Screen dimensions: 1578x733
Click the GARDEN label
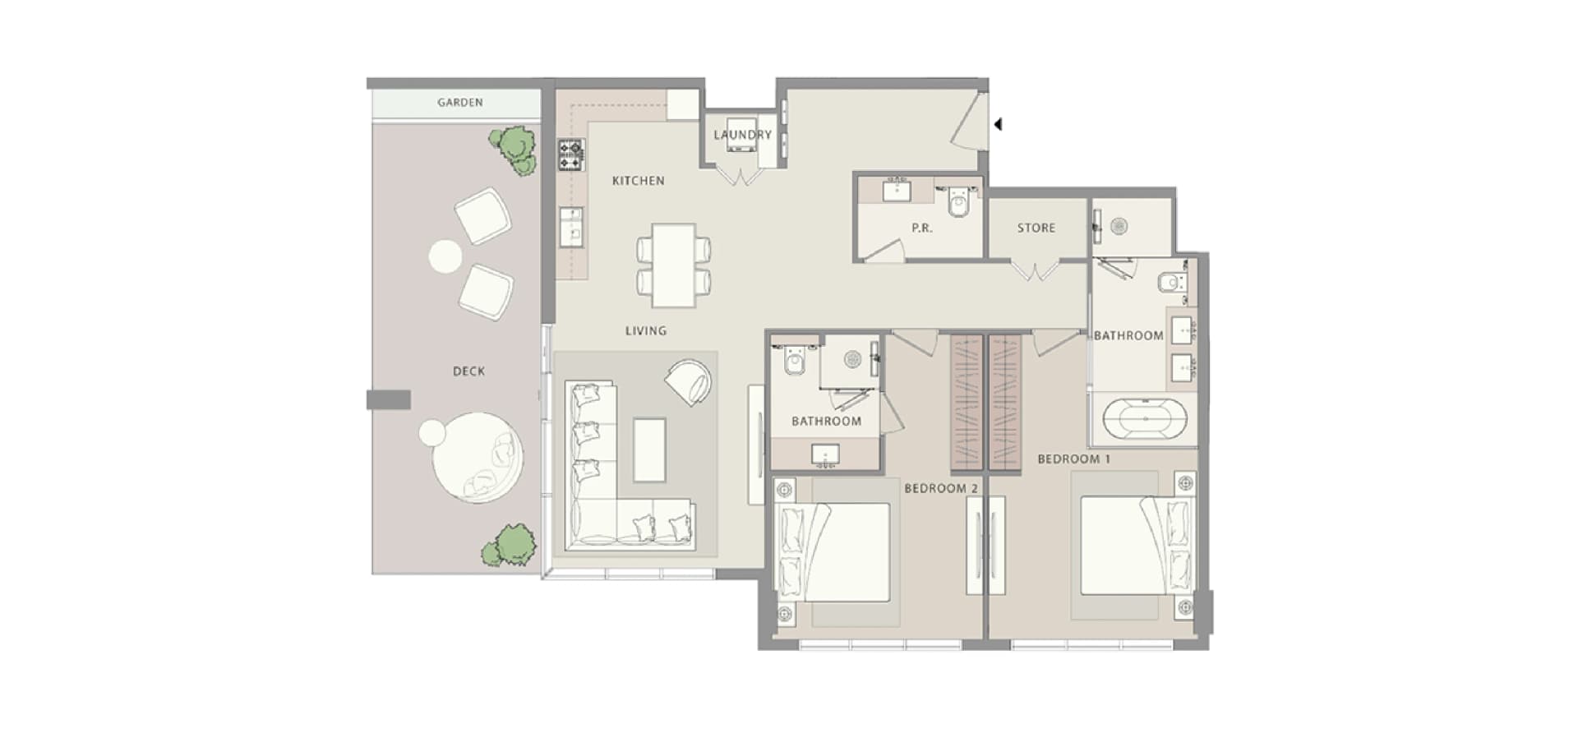point(460,103)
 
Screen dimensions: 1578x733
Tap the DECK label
point(468,371)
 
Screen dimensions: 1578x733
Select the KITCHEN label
point(639,181)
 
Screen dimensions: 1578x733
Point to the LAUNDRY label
point(743,135)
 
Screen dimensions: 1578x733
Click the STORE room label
point(1036,228)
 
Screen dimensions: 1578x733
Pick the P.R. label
point(922,228)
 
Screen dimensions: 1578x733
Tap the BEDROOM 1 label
point(1073,459)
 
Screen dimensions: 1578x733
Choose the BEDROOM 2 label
point(941,489)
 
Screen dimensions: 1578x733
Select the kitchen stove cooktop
point(571,155)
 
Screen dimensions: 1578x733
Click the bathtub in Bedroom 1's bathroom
point(1145,420)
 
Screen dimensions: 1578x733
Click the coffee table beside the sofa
point(649,450)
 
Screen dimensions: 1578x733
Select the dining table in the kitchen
point(674,265)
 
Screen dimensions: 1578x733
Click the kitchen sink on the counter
point(571,227)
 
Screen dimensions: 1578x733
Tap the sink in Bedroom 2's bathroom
point(824,455)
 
